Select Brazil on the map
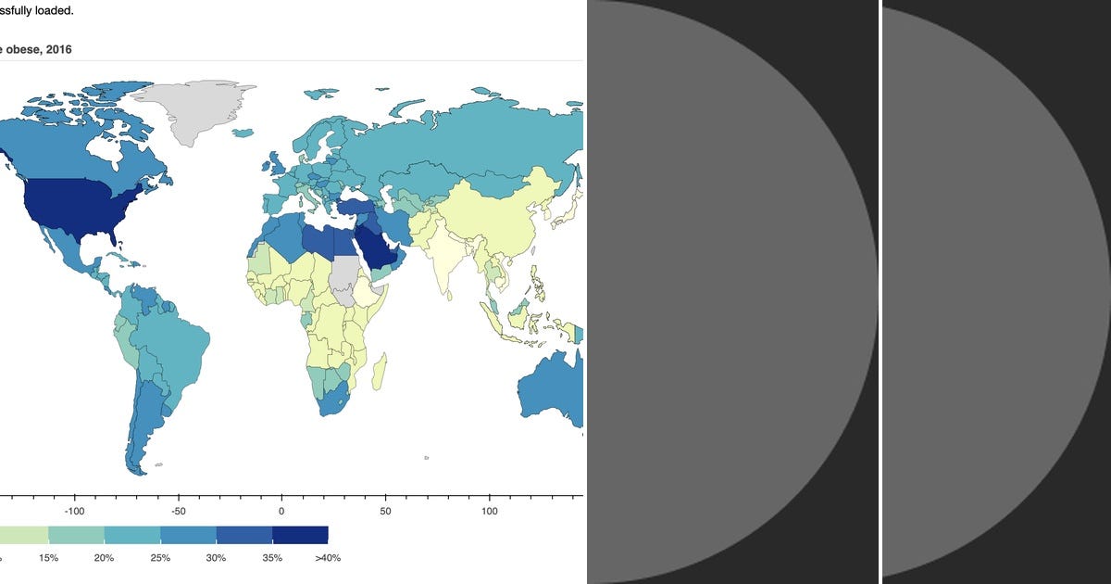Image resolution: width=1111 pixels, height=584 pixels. click(171, 348)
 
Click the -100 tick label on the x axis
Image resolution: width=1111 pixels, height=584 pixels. click(74, 511)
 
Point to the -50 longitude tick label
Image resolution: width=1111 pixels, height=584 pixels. click(179, 511)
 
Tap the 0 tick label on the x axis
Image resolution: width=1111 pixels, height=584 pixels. click(281, 511)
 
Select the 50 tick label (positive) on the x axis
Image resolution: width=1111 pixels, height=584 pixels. click(386, 511)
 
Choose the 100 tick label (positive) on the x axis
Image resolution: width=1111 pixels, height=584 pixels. click(490, 511)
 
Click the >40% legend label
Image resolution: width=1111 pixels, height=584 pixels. click(328, 558)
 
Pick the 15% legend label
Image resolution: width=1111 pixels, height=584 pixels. click(48, 558)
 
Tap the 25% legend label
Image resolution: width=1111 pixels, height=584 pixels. click(160, 558)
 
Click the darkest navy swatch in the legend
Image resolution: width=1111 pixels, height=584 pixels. click(300, 535)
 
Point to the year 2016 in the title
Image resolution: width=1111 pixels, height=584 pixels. click(57, 49)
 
